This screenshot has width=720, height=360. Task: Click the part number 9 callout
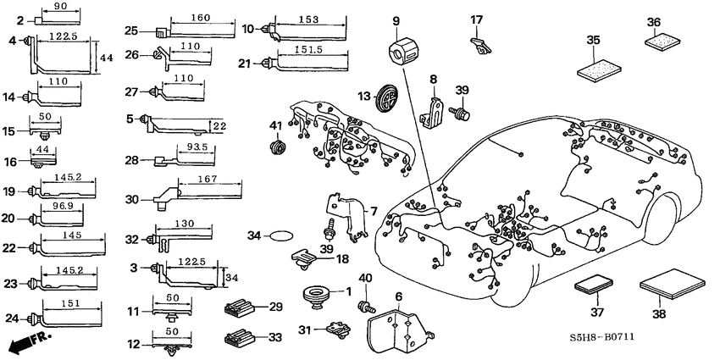pyautogui.click(x=395, y=20)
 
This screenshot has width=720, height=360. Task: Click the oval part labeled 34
pyautogui.click(x=281, y=236)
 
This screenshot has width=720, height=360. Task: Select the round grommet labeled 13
pyautogui.click(x=388, y=95)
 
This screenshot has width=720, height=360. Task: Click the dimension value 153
pyautogui.click(x=308, y=19)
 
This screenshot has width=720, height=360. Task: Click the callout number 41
pyautogui.click(x=274, y=126)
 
